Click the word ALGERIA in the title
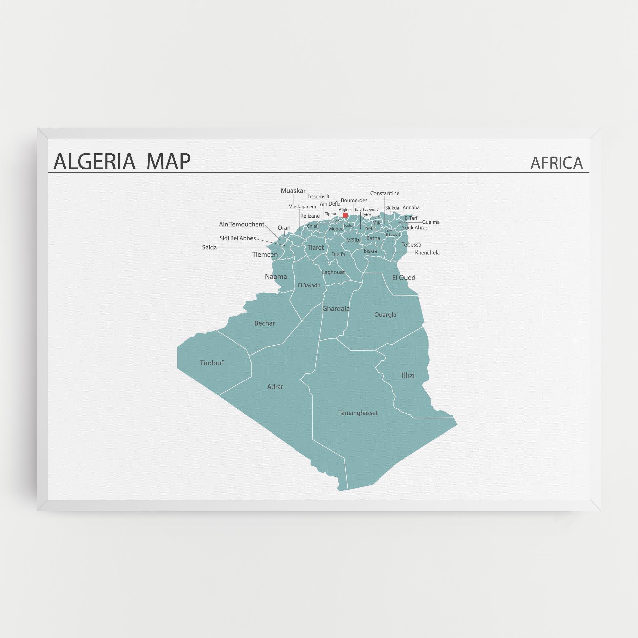(94, 161)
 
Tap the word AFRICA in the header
(556, 163)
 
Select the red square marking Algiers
(345, 215)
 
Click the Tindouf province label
(212, 363)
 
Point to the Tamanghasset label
(358, 413)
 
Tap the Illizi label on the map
(408, 376)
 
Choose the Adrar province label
(275, 387)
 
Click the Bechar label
(265, 323)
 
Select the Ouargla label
(385, 315)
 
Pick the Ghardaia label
(336, 308)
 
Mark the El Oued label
(404, 278)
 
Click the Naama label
(276, 277)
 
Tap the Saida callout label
(209, 248)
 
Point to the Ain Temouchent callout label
(242, 224)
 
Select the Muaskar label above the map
(293, 191)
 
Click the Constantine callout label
(385, 193)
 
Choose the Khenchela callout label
(427, 253)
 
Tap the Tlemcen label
(265, 255)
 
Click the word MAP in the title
(169, 161)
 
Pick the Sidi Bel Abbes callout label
(238, 238)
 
